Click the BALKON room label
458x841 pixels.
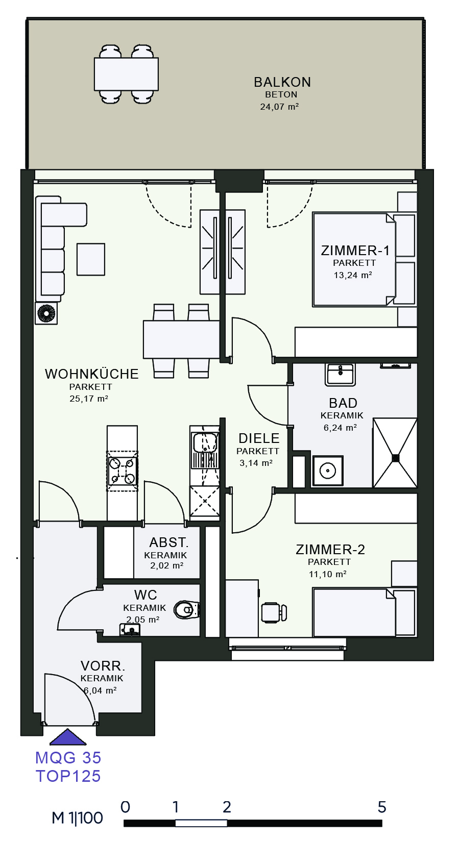coord(282,82)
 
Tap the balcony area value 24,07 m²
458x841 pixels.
coord(279,107)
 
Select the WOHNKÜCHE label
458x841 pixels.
coord(92,374)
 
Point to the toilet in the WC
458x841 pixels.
coord(187,610)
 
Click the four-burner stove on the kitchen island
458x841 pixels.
coord(122,471)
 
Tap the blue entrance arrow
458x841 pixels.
coord(68,736)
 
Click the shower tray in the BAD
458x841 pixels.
coord(395,453)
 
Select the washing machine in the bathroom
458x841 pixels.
coord(328,471)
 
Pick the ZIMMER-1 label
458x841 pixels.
coord(355,251)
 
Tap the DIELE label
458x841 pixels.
coord(259,438)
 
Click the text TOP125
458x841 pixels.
coord(68,776)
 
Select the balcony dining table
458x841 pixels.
coord(126,74)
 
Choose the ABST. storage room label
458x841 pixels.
coord(168,542)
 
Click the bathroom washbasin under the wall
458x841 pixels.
coord(340,375)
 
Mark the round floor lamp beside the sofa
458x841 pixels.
coord(46,313)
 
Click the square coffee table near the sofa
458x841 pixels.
coord(91,259)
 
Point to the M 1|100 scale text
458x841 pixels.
coord(78,818)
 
